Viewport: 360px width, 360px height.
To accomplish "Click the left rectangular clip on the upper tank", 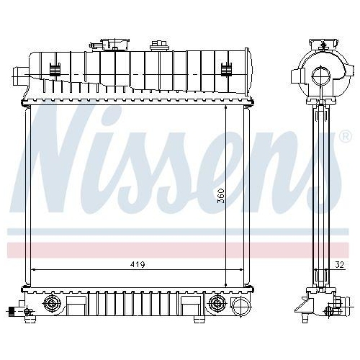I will tap(54, 70).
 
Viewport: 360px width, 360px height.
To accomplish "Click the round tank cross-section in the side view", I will tap(320, 76).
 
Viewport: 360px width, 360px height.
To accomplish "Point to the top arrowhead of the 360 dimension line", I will tap(228, 105).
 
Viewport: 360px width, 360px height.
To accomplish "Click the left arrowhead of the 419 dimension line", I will tap(33, 270).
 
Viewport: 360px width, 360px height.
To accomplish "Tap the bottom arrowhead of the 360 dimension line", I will tap(228, 285).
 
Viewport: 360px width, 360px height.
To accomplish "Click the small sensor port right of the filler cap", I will tap(156, 46).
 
